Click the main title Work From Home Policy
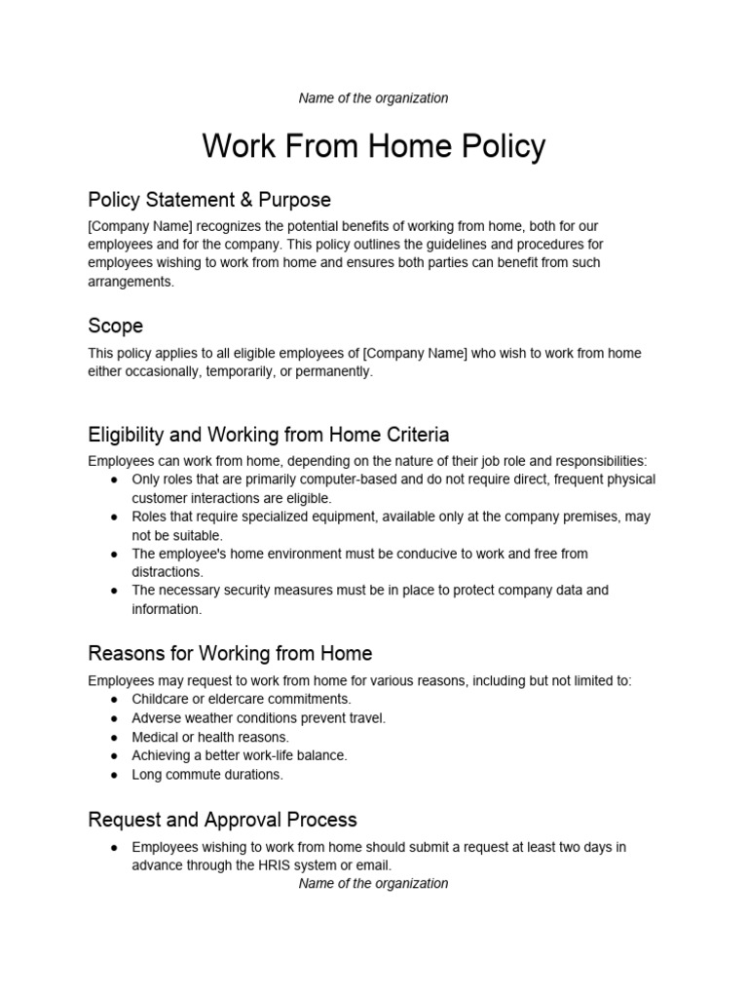point(374,146)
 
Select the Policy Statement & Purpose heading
point(209,200)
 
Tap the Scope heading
point(115,326)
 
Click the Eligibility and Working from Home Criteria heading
point(269,434)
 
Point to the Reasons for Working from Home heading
point(230,653)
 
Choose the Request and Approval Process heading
point(222,820)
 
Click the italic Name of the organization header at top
point(373,97)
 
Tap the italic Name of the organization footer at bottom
point(373,883)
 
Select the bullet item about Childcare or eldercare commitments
point(242,699)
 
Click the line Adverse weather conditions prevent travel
point(258,718)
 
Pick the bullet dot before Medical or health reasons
point(114,738)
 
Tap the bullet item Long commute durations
point(207,775)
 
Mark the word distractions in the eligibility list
point(167,572)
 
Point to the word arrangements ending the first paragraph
point(130,282)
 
